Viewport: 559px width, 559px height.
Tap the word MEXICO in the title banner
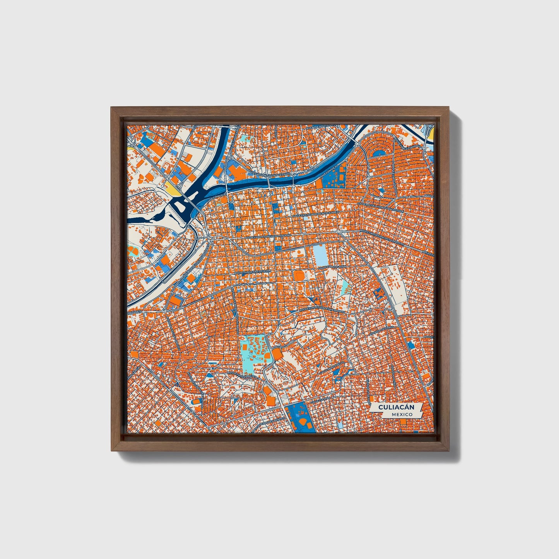pos(401,414)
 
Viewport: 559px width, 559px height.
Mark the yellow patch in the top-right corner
pos(432,133)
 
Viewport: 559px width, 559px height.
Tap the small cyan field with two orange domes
pos(134,251)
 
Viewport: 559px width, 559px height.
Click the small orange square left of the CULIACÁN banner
pos(373,398)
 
